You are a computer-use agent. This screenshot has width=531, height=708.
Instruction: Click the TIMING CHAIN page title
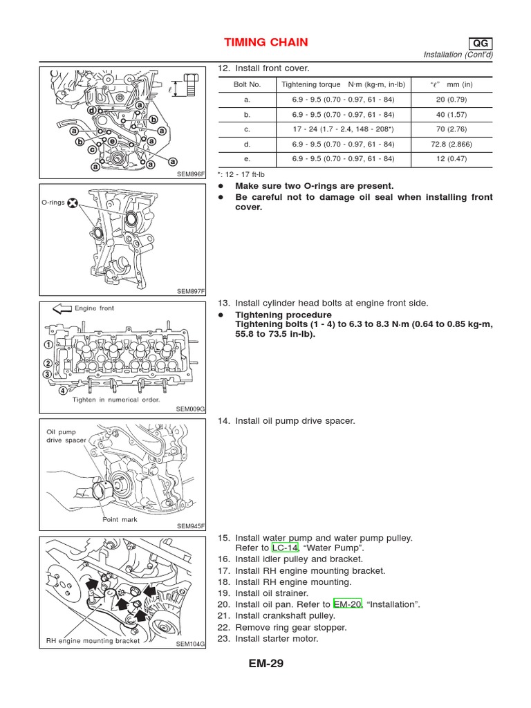(266, 43)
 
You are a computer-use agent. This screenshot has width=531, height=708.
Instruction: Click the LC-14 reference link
(285, 548)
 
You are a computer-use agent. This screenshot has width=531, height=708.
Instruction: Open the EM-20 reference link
(347, 604)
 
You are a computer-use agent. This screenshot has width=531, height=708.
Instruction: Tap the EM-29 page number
(265, 664)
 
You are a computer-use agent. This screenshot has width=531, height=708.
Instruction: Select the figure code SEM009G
(191, 409)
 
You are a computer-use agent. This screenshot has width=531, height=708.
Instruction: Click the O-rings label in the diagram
(55, 203)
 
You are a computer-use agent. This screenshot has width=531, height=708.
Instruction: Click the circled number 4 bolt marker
(64, 390)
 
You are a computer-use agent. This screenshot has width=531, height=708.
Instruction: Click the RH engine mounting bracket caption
(93, 641)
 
